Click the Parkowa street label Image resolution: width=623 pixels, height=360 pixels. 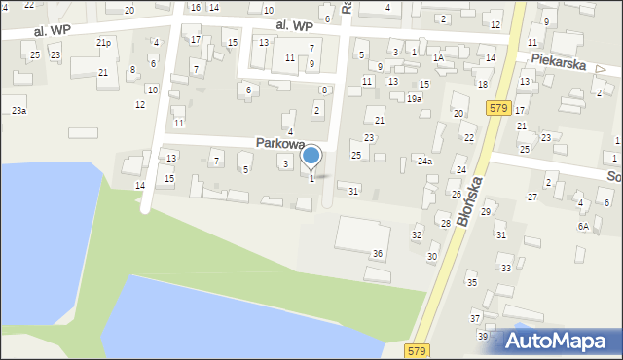280,143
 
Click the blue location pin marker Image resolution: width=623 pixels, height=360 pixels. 311,156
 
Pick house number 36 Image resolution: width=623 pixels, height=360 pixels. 378,253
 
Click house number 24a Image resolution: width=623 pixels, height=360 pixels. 424,161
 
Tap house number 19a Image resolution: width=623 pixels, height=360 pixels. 415,99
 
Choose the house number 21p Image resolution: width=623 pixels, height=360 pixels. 103,43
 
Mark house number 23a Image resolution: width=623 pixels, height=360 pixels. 18,112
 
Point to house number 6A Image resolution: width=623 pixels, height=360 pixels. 583,226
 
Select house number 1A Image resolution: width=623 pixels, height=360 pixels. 438,58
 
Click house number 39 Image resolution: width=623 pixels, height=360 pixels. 483,336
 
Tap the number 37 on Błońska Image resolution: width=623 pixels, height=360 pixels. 476,318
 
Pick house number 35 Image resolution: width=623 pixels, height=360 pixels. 472,283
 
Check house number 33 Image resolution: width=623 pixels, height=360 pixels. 505,268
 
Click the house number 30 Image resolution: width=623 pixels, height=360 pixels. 432,257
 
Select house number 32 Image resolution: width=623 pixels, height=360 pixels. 417,235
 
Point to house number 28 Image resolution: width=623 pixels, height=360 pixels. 446,224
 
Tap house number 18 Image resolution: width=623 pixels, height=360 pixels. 482,85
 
